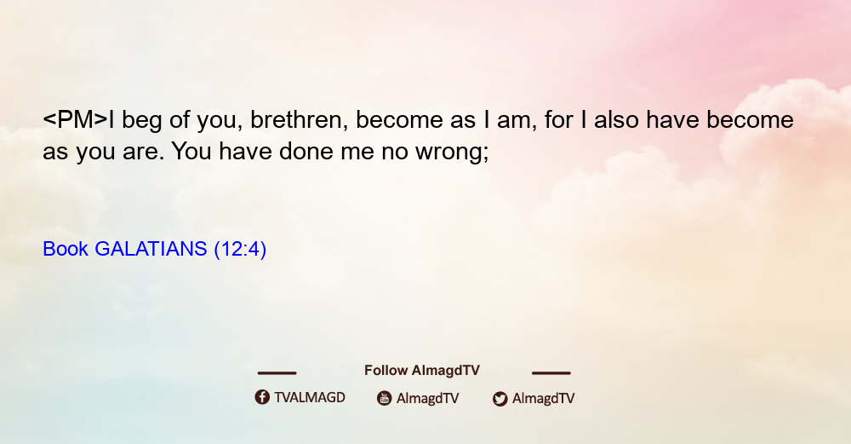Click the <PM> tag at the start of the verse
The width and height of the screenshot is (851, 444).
(x=76, y=119)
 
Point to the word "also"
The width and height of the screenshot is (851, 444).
(x=616, y=119)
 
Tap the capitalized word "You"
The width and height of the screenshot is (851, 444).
(x=191, y=151)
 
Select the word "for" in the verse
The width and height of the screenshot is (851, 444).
(x=558, y=119)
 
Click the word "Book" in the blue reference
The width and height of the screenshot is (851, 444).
(x=66, y=249)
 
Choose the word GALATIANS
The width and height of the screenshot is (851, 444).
(x=151, y=249)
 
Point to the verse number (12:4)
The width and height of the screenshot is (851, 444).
(x=240, y=250)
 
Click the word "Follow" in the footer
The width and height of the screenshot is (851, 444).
(x=386, y=371)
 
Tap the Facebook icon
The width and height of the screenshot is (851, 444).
(x=262, y=397)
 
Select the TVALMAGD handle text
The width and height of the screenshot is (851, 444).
(x=310, y=398)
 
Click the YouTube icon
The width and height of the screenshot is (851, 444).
(x=385, y=398)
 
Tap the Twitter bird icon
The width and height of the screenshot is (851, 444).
(x=500, y=399)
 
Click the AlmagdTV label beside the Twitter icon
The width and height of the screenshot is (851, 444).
(x=543, y=398)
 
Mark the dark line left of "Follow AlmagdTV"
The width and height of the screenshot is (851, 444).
(x=277, y=372)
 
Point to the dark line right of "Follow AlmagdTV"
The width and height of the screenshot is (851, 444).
(x=551, y=372)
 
